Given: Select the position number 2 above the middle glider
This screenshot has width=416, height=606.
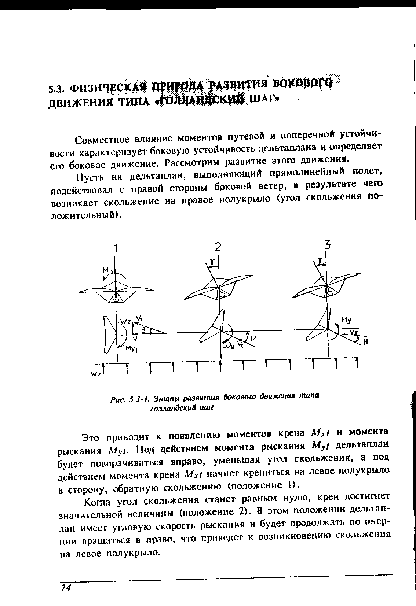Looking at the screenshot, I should point(218,247).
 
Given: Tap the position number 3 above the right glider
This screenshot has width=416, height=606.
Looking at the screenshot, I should point(327,245).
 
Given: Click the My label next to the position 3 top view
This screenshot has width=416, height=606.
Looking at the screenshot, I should point(346,320).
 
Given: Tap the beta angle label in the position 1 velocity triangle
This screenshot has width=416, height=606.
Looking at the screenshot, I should point(144,330).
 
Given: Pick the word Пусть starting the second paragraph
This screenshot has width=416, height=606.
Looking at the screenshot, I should point(88,178).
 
